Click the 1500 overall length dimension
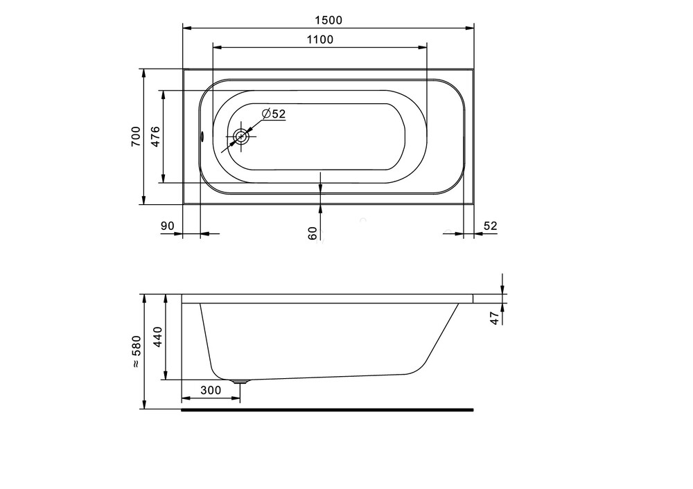[328, 20]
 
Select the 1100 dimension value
[320, 39]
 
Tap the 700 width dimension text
[136, 136]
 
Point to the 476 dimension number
[155, 136]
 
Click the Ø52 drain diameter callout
[274, 114]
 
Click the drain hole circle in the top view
[241, 136]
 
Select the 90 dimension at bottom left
[167, 226]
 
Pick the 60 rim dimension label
[313, 233]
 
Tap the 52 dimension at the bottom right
[490, 226]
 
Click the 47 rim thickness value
[495, 318]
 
